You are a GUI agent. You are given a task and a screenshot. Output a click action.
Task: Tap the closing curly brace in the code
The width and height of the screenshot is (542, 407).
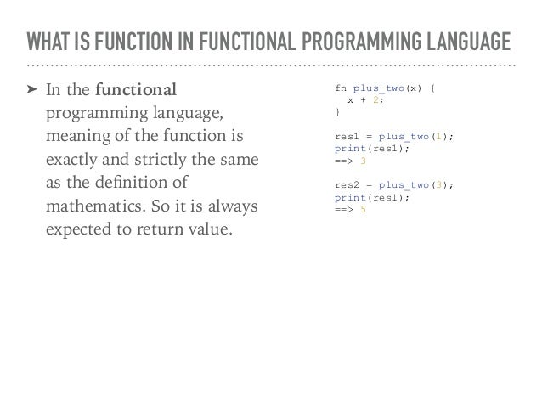point(337,111)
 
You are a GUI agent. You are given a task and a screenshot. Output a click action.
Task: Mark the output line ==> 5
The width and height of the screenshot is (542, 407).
point(351,209)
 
